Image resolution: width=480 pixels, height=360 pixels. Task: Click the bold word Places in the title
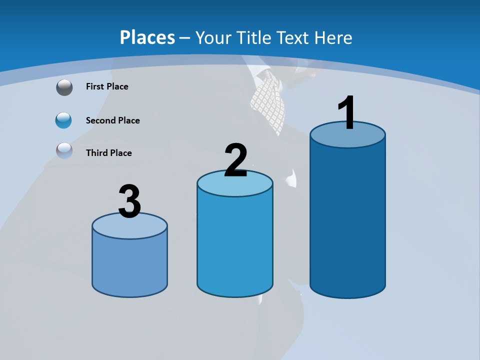[x=147, y=37]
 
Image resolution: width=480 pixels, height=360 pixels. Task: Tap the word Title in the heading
[x=254, y=37]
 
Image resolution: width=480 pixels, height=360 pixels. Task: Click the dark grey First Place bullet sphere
[x=64, y=87]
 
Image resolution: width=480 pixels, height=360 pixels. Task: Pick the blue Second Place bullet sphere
[x=64, y=120]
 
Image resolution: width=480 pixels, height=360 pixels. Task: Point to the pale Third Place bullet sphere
[x=64, y=150]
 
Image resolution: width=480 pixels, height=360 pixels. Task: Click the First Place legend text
[x=107, y=86]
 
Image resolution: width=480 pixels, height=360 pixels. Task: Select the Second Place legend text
[x=112, y=120]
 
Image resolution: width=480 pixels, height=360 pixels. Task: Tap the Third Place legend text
[x=108, y=153]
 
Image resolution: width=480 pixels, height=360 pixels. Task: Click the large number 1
[x=347, y=113]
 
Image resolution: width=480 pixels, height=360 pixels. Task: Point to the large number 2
[x=235, y=160]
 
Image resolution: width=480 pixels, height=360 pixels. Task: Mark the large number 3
[x=129, y=202]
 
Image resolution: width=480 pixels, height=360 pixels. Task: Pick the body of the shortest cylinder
[x=129, y=265]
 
